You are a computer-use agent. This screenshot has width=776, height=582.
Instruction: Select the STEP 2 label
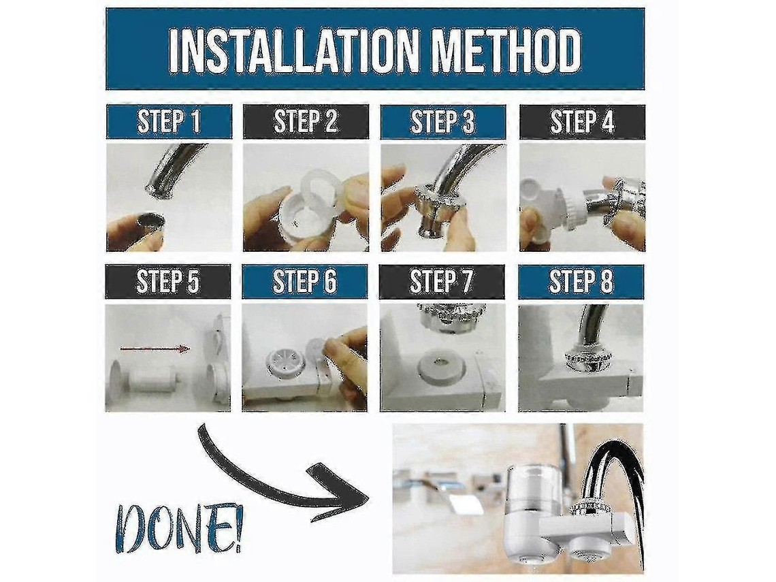tap(306, 122)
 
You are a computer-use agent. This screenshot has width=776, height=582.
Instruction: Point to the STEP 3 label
tap(443, 122)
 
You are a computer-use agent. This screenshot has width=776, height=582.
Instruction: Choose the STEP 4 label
tap(583, 122)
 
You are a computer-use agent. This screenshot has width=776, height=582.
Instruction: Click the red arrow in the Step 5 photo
tap(155, 349)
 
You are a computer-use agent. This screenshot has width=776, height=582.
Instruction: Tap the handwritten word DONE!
tap(178, 535)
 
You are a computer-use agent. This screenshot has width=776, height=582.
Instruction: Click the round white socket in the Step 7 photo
tap(441, 368)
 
